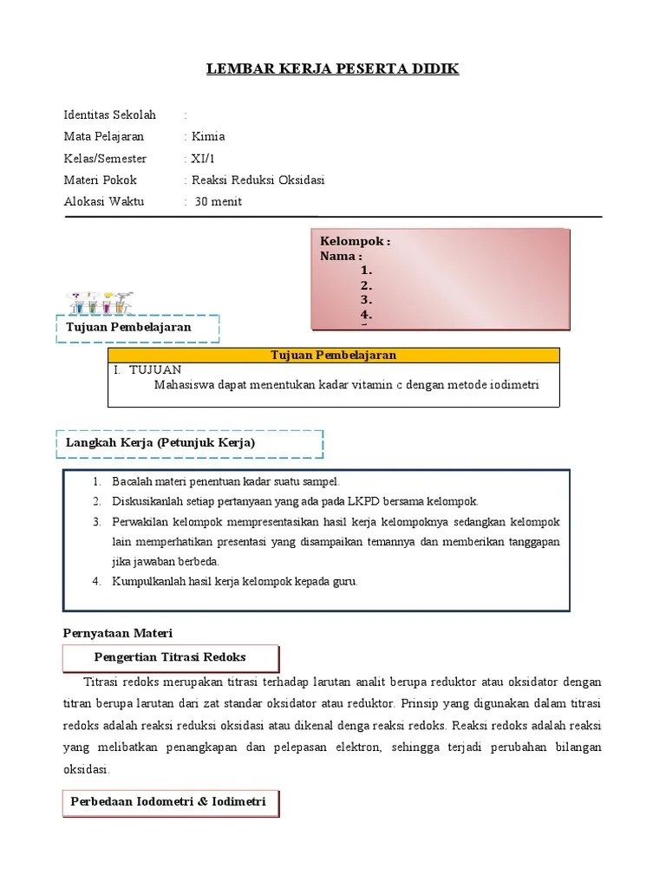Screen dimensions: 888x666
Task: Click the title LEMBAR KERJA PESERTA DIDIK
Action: pos(332,69)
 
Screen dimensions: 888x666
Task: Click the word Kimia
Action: pos(208,136)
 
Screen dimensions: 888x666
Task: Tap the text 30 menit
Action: pos(219,202)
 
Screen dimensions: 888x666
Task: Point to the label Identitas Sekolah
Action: pos(109,114)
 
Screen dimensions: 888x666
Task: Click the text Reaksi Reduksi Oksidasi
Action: pos(258,180)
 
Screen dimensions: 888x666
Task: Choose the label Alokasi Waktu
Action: pos(104,202)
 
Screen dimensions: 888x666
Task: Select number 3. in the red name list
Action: pos(366,299)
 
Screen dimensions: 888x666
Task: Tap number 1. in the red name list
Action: pos(366,271)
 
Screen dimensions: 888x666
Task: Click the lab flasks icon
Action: pos(101,302)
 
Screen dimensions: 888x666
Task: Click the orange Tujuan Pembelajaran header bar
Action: pos(334,356)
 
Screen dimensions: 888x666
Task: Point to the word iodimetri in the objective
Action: pos(513,385)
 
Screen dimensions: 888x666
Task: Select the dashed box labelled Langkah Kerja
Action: pos(189,443)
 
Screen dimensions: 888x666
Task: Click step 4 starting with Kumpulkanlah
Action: pos(234,581)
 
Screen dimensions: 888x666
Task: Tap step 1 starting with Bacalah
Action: pos(225,481)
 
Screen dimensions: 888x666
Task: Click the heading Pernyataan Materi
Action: pos(119,633)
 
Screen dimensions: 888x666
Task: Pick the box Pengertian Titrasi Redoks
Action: pos(171,657)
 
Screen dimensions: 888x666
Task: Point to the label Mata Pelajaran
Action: pos(104,136)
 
